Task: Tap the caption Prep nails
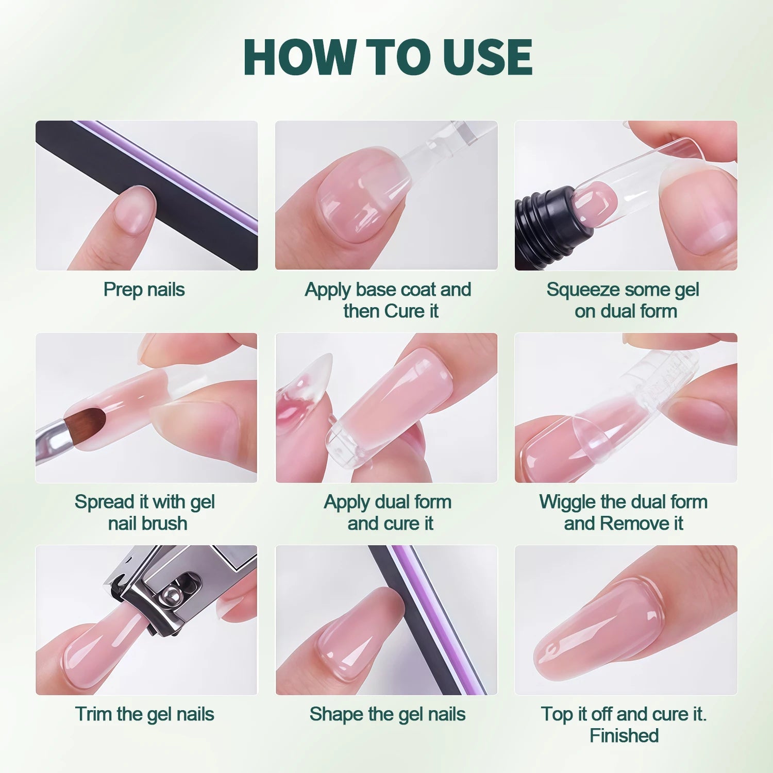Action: (144, 290)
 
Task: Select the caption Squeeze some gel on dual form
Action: (624, 300)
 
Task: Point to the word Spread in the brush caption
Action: (105, 502)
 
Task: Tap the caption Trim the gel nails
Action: (144, 714)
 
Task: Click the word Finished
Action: (624, 736)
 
